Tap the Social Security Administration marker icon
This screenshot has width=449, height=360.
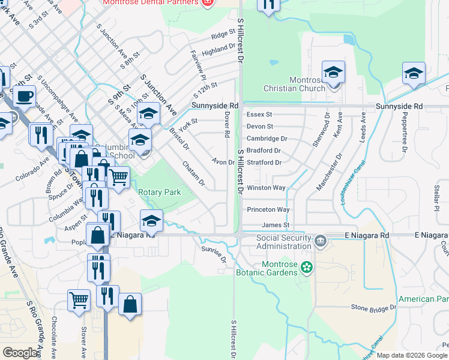pyautogui.click(x=321, y=241)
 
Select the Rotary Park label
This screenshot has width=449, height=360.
pyautogui.click(x=159, y=193)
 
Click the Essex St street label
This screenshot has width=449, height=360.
pyautogui.click(x=259, y=114)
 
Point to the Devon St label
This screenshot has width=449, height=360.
pyautogui.click(x=260, y=127)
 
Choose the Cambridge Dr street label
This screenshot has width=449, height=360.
pyautogui.click(x=267, y=139)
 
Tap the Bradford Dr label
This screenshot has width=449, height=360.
pyautogui.click(x=264, y=151)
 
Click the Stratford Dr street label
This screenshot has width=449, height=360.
pyautogui.click(x=264, y=163)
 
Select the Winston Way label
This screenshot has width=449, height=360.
pyautogui.click(x=266, y=188)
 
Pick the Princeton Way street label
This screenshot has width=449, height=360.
pyautogui.click(x=268, y=209)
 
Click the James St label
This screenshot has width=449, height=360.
pyautogui.click(x=276, y=225)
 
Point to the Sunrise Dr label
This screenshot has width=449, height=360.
pyautogui.click(x=214, y=254)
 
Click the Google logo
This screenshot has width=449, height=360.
pyautogui.click(x=20, y=353)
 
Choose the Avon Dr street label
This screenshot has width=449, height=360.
pyautogui.click(x=223, y=161)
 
